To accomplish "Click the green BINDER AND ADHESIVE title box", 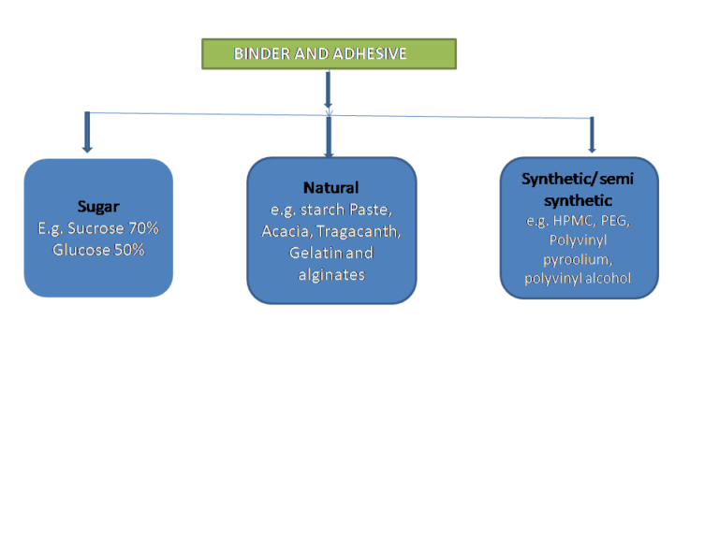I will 329,53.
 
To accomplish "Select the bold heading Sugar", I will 98,207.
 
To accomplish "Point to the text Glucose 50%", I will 98,250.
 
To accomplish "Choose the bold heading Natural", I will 330,188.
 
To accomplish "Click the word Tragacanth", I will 366,231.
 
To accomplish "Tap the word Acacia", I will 286,231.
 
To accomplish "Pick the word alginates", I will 330,274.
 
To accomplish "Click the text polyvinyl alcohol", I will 578,278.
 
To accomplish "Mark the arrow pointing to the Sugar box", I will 87,132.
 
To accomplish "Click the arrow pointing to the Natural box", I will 329,136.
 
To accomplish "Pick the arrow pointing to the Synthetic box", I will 592,135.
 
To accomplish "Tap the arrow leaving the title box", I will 328,89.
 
